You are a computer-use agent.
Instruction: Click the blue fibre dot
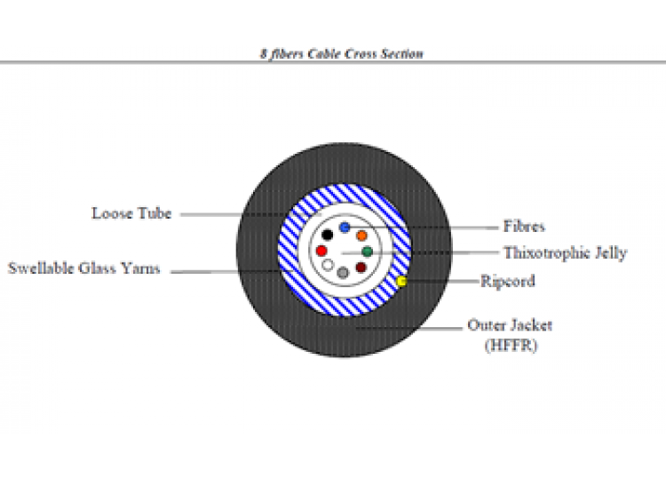[x=345, y=228]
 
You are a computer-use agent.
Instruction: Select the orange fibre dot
[x=362, y=236]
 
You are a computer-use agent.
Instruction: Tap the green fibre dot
[x=368, y=252]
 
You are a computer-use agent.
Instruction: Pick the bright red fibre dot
[x=321, y=251]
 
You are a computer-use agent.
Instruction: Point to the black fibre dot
[x=327, y=235]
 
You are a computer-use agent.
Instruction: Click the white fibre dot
[x=328, y=265]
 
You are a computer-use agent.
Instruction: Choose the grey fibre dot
[x=343, y=273]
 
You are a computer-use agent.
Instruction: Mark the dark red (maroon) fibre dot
[x=361, y=268]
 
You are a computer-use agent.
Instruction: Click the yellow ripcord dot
[x=401, y=281]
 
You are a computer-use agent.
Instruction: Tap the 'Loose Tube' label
[x=131, y=213]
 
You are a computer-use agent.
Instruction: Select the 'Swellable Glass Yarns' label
[x=84, y=268]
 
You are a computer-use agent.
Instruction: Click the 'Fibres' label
[x=524, y=226]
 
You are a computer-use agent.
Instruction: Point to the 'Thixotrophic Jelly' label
[x=566, y=253]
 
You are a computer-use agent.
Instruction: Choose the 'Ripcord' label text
[x=508, y=282]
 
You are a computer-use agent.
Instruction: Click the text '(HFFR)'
[x=511, y=345]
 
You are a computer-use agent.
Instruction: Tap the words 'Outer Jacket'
[x=510, y=325]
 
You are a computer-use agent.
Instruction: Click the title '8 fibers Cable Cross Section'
[x=342, y=54]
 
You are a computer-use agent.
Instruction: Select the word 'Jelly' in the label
[x=611, y=253]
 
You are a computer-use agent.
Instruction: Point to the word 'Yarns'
[x=140, y=268]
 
